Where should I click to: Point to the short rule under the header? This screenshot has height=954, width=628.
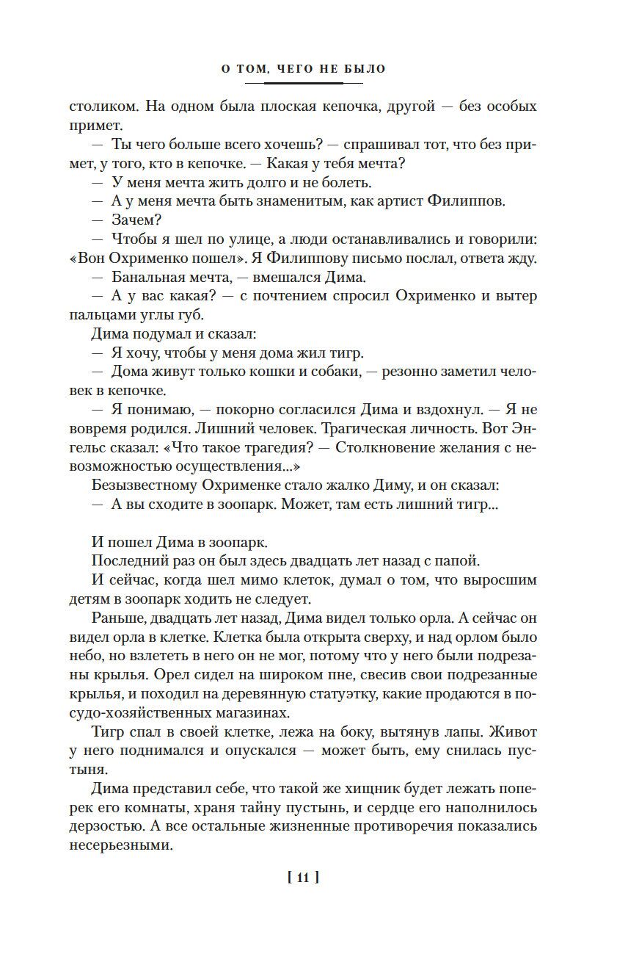(x=304, y=83)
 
